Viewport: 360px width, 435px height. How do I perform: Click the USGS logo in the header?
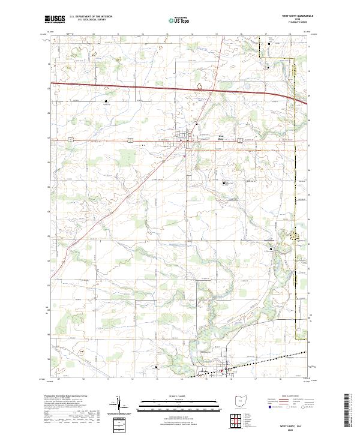pos(55,20)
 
